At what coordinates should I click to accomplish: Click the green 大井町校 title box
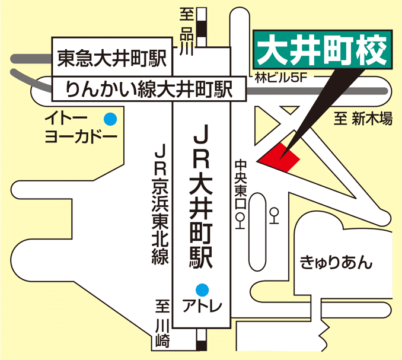coord(323,50)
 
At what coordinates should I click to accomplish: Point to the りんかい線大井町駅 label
coord(148,91)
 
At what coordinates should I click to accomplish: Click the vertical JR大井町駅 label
coord(202,196)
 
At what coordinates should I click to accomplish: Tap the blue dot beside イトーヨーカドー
coord(111,119)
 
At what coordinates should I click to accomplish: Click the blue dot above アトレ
coord(203,289)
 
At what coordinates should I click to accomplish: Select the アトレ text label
coord(202,306)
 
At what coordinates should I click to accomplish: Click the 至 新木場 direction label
coord(363,119)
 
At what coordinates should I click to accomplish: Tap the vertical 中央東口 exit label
coord(240,184)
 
